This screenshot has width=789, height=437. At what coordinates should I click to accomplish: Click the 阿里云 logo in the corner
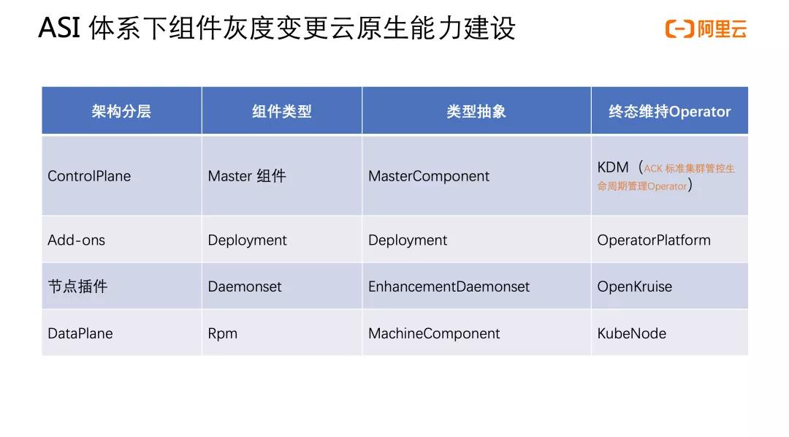click(x=706, y=29)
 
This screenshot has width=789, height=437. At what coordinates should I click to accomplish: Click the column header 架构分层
click(x=121, y=111)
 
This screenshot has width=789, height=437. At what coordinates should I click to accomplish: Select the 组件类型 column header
click(x=281, y=111)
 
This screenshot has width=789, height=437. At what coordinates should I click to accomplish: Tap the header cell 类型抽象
click(x=476, y=111)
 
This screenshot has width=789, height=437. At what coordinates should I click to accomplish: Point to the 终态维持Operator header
click(x=669, y=111)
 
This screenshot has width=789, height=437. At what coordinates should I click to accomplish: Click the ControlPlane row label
click(x=89, y=176)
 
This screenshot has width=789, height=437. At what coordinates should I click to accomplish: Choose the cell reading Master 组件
click(x=247, y=176)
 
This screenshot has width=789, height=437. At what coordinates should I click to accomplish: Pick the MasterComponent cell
click(x=429, y=176)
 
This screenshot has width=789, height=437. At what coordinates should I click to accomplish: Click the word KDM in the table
click(x=613, y=167)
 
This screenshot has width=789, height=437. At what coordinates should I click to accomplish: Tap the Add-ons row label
click(x=77, y=240)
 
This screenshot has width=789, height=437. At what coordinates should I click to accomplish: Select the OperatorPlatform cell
click(x=654, y=240)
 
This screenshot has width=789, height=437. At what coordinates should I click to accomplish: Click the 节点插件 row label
click(x=77, y=286)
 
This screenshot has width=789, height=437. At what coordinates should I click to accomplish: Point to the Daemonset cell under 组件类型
click(x=245, y=286)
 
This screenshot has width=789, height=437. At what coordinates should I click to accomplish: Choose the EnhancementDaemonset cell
click(x=449, y=286)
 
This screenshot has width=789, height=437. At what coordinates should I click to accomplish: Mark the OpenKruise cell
click(x=634, y=286)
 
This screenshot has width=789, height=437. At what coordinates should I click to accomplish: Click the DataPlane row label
click(x=80, y=333)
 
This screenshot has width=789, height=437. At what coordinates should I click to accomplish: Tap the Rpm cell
click(x=223, y=333)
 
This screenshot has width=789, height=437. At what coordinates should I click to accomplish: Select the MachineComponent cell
click(x=434, y=333)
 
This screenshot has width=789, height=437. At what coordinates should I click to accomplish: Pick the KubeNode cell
click(x=632, y=333)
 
